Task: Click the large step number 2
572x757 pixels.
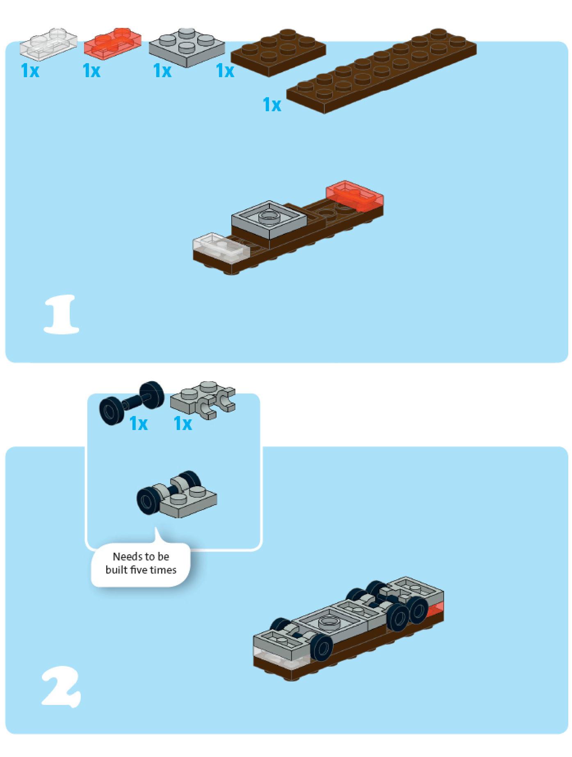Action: coord(62,686)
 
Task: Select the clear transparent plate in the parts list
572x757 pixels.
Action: coord(48,44)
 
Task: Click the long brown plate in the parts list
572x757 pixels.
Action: coord(381,71)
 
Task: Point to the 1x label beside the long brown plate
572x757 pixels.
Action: coord(272,105)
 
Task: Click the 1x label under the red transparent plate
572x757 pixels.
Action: coord(91,71)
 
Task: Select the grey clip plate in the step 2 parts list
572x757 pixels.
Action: coord(203,400)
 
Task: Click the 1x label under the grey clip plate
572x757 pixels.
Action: coord(183,423)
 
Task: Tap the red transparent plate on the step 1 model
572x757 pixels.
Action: coord(355,195)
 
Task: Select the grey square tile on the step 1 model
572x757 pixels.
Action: coord(269,220)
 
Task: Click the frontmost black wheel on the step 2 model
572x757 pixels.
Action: coord(321,647)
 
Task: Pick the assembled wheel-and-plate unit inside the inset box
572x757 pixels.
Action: coord(177,494)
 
